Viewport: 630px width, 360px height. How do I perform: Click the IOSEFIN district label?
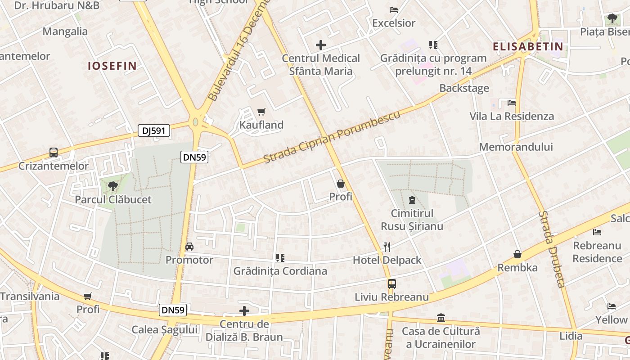(112, 66)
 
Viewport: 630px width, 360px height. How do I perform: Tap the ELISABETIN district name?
(528, 46)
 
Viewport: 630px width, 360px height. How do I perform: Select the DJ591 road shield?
(154, 131)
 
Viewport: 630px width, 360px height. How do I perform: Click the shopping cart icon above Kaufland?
(261, 112)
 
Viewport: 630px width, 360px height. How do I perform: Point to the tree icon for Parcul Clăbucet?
(112, 186)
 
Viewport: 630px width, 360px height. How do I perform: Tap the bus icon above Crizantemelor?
(54, 153)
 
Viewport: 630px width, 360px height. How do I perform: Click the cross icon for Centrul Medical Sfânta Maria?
(321, 45)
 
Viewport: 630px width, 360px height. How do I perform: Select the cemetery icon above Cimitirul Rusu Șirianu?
(412, 200)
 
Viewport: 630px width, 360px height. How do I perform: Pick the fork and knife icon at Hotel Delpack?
(387, 247)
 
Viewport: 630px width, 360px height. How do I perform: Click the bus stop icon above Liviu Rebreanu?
(391, 284)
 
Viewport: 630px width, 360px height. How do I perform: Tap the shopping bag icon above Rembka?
(517, 254)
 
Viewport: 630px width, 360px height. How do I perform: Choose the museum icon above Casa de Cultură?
(441, 318)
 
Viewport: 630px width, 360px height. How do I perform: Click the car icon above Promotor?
(189, 247)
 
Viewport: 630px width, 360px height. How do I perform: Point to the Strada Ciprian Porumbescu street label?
(332, 137)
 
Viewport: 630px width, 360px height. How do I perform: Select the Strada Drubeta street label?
(552, 249)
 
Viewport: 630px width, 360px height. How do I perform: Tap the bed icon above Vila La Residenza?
(511, 103)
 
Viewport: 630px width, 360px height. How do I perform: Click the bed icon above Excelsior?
(394, 9)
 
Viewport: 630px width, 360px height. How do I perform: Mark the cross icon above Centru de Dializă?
(244, 311)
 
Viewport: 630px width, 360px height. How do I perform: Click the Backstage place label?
(464, 88)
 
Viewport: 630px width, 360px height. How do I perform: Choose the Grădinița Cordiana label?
(280, 271)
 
